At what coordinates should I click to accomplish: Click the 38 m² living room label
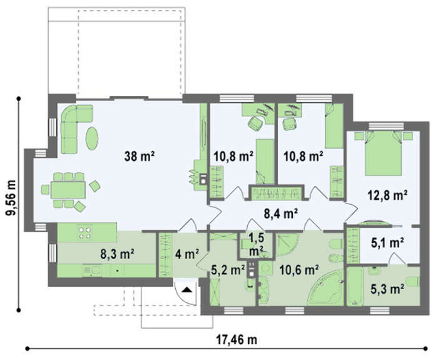click(x=140, y=157)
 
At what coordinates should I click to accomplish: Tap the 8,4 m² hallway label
click(x=281, y=214)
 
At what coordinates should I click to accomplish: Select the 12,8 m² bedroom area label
click(x=387, y=195)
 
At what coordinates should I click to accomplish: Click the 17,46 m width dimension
click(x=237, y=340)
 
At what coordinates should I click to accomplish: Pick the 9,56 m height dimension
click(x=11, y=198)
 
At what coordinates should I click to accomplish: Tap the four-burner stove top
click(x=85, y=232)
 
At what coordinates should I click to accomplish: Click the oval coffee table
click(x=92, y=138)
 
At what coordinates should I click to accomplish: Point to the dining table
click(x=68, y=190)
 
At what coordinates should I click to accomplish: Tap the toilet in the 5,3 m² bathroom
click(x=413, y=281)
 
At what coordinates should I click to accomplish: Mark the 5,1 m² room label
click(x=387, y=242)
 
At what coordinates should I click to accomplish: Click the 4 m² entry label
click(x=187, y=254)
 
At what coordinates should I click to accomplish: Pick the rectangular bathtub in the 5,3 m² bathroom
click(x=355, y=287)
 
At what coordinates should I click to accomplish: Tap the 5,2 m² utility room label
click(x=228, y=270)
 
